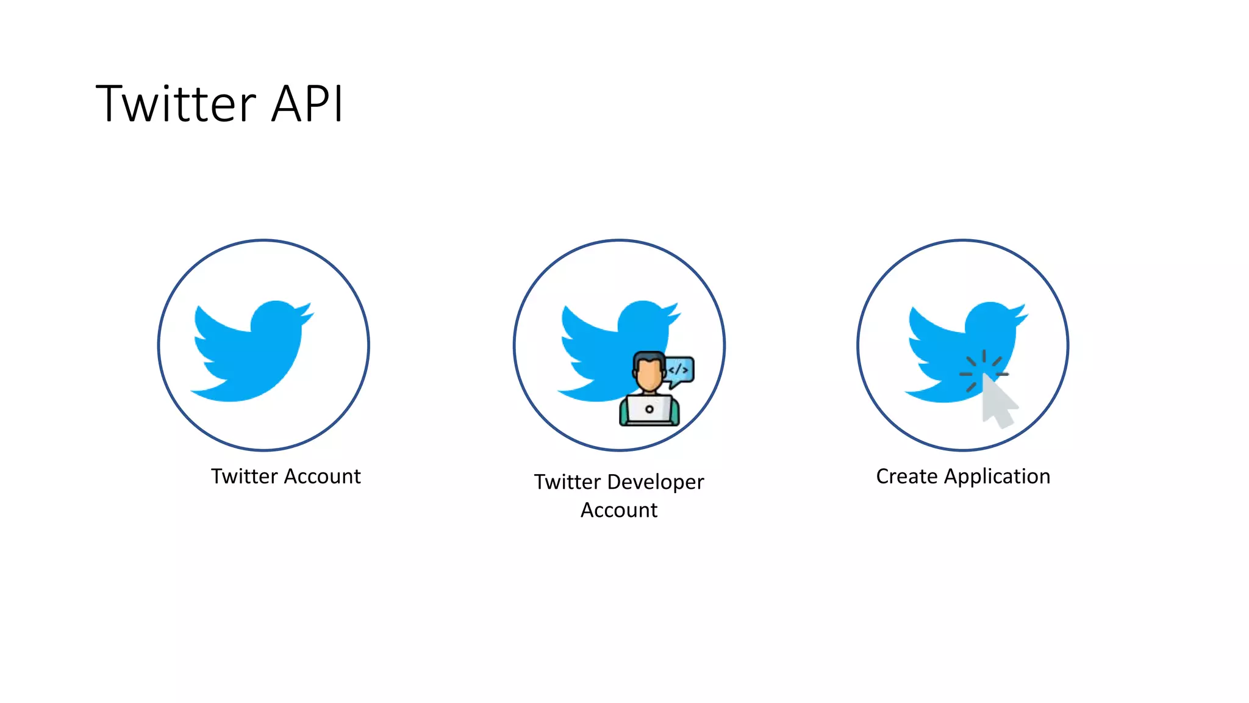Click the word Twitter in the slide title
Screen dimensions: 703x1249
pyautogui.click(x=176, y=104)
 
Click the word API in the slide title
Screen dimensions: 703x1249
pyautogui.click(x=307, y=104)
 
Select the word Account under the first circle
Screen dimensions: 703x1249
pyautogui.click(x=323, y=476)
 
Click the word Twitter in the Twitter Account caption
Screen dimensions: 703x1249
pyautogui.click(x=244, y=476)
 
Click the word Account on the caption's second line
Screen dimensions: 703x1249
pyautogui.click(x=618, y=510)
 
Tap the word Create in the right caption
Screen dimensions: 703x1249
pyautogui.click(x=906, y=476)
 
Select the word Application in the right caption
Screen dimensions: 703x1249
pyautogui.click(x=997, y=476)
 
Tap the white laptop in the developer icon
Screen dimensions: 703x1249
pyautogui.click(x=649, y=409)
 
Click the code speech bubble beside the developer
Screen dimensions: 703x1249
pyautogui.click(x=679, y=370)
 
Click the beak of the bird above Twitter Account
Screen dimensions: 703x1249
pyautogui.click(x=309, y=316)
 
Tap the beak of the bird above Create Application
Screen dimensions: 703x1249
pyautogui.click(x=1023, y=317)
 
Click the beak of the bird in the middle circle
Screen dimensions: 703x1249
pyautogui.click(x=676, y=316)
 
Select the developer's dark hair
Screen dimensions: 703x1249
pyautogui.click(x=648, y=358)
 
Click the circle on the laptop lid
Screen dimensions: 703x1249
pyautogui.click(x=649, y=409)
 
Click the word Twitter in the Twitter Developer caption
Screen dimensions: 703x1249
pyautogui.click(x=567, y=482)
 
